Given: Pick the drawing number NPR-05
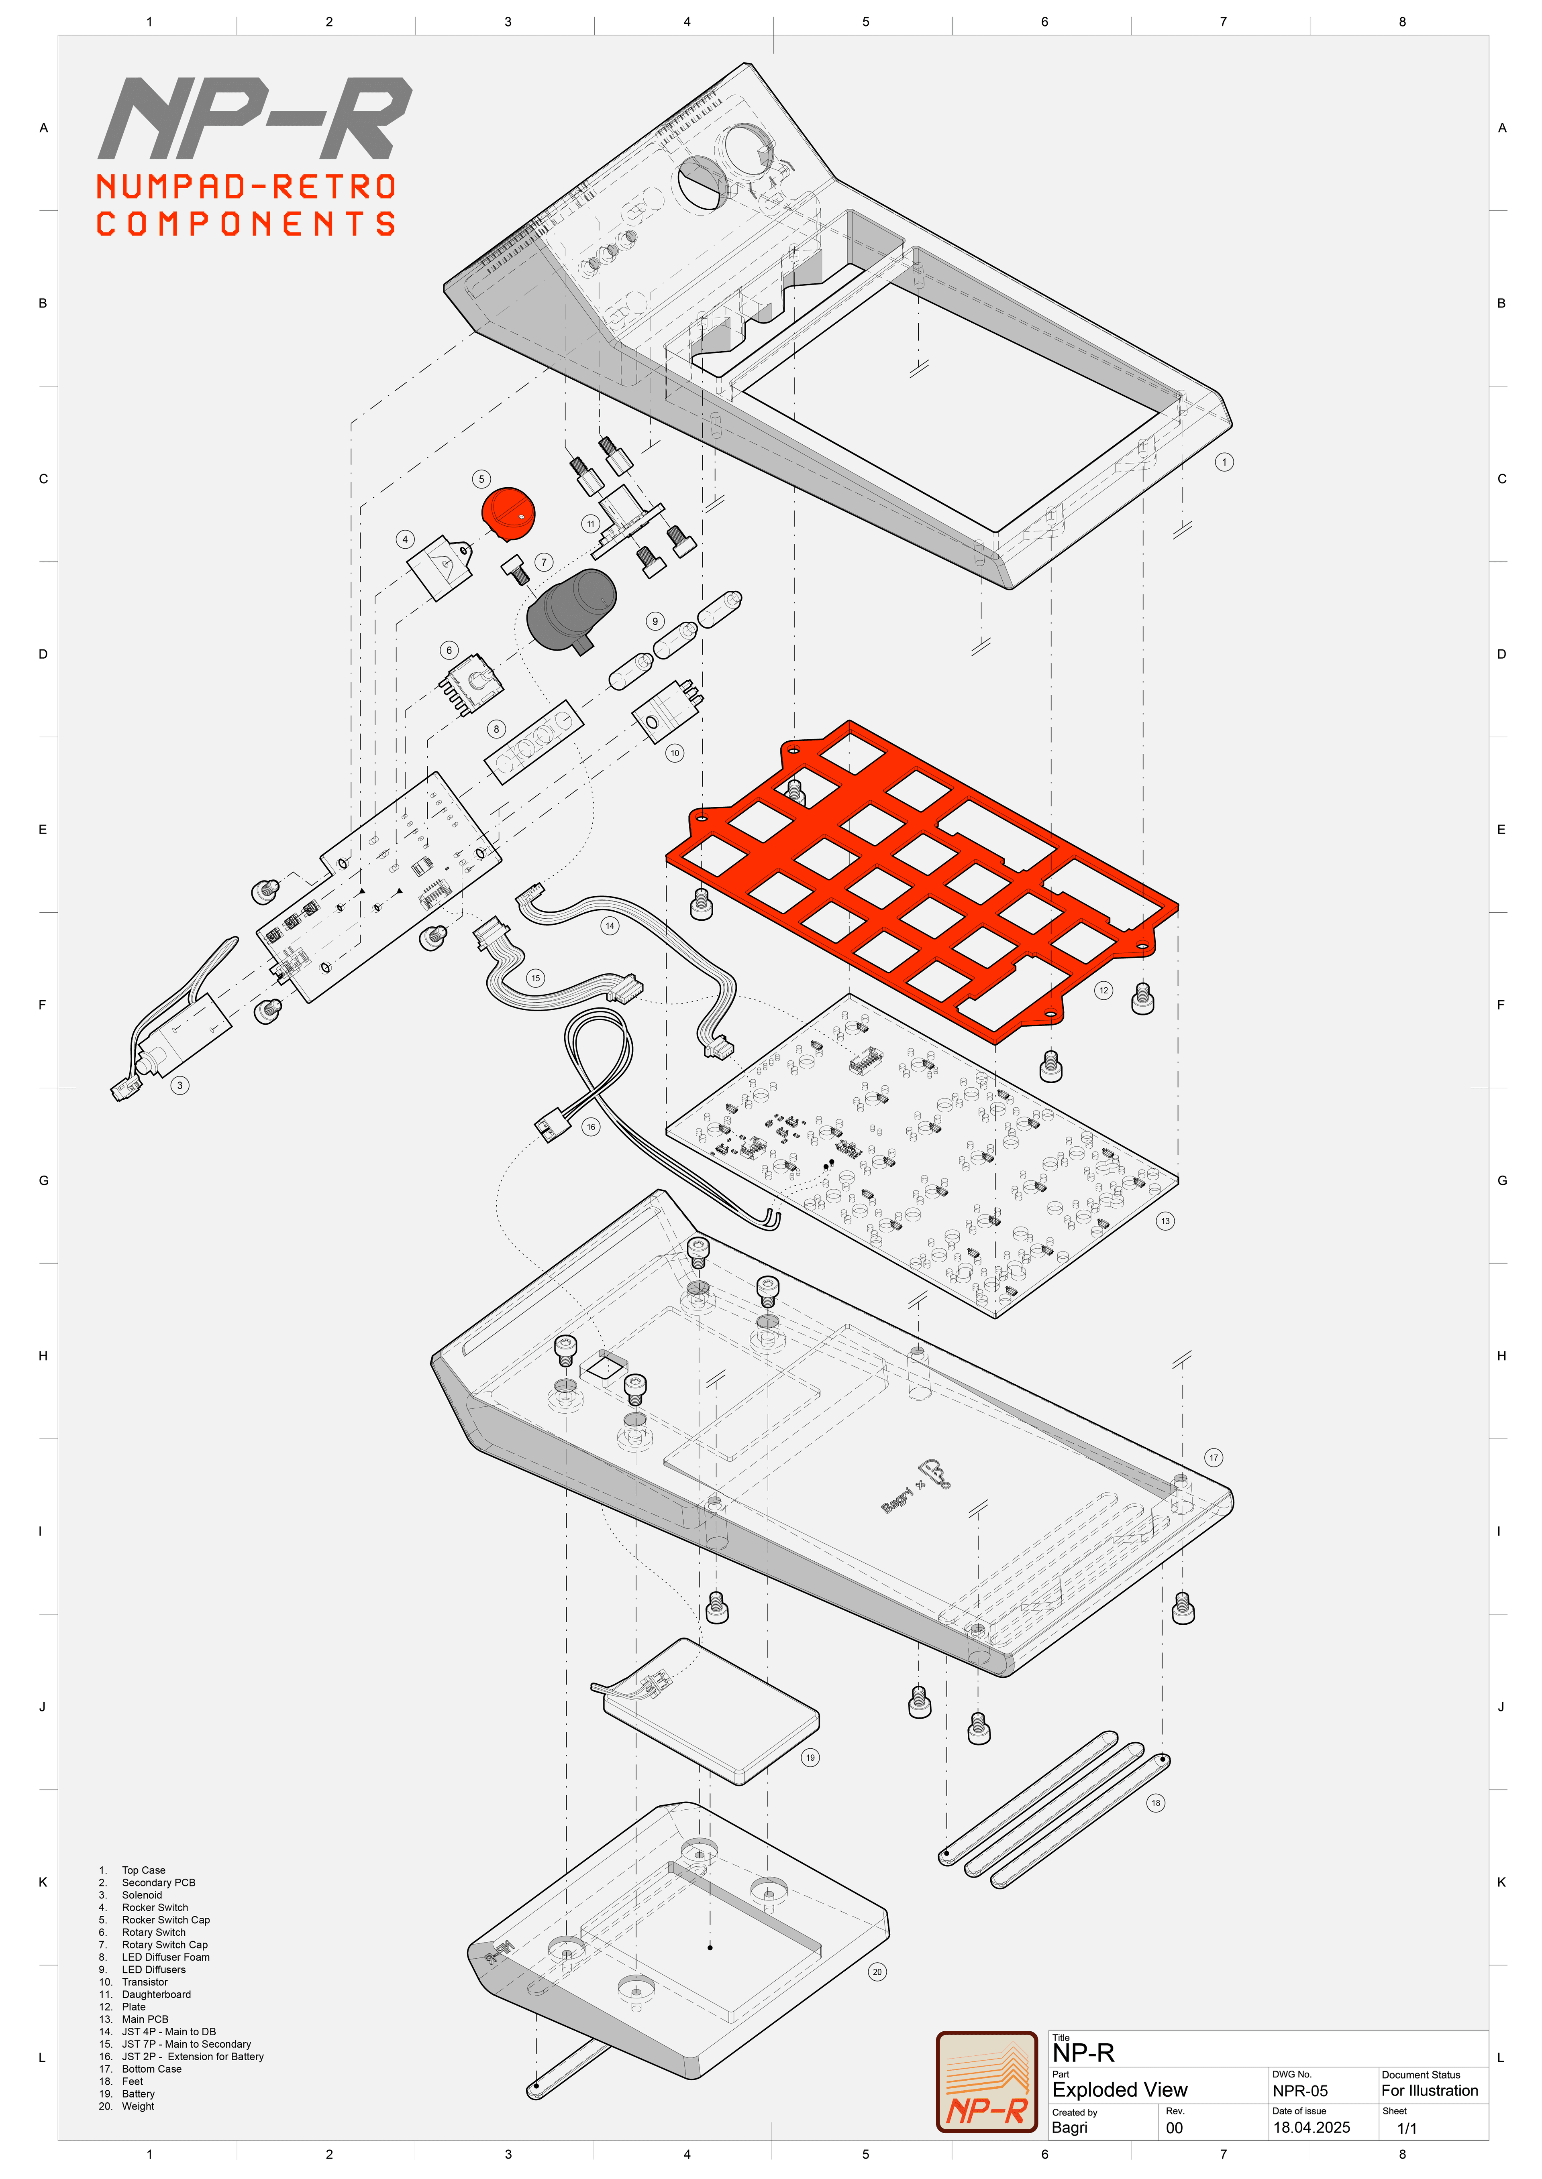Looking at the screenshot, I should [x=1300, y=2091].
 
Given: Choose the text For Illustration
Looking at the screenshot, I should [x=1429, y=2091].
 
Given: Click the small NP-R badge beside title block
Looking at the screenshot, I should [x=987, y=2082].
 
